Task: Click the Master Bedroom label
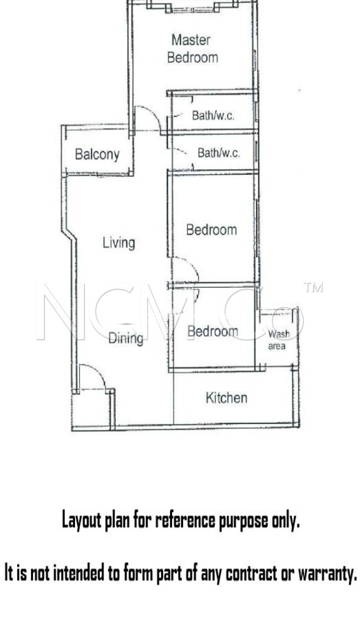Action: click(x=192, y=49)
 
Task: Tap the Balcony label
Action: click(x=97, y=154)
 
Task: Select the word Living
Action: click(x=119, y=243)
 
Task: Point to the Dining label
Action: click(x=126, y=338)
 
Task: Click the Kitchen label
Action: click(x=227, y=398)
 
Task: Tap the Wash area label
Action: click(x=278, y=340)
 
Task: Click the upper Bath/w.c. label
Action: click(x=213, y=116)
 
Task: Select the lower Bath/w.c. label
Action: click(x=219, y=153)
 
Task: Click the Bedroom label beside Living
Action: click(x=211, y=230)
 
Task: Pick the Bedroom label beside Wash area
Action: click(x=213, y=331)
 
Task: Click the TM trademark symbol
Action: click(x=313, y=288)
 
